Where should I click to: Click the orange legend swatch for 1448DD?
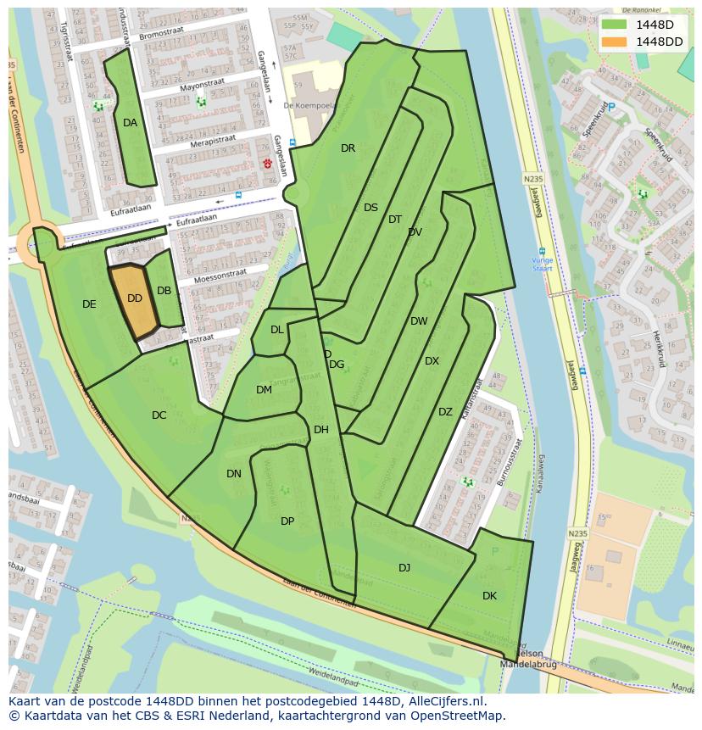tap(615, 42)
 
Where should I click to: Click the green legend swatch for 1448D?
tap(615, 25)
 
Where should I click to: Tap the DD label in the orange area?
tap(135, 298)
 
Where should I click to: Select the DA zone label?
tap(130, 123)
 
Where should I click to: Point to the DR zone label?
tap(348, 148)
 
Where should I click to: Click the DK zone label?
tap(489, 596)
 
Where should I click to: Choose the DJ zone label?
tap(404, 568)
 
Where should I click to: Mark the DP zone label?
tap(287, 521)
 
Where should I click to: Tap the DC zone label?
tap(159, 415)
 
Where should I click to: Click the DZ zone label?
tap(445, 412)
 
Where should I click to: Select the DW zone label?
tap(419, 321)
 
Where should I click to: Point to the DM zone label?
tap(264, 390)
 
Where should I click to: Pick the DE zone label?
tap(89, 304)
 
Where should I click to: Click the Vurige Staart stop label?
tap(543, 264)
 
